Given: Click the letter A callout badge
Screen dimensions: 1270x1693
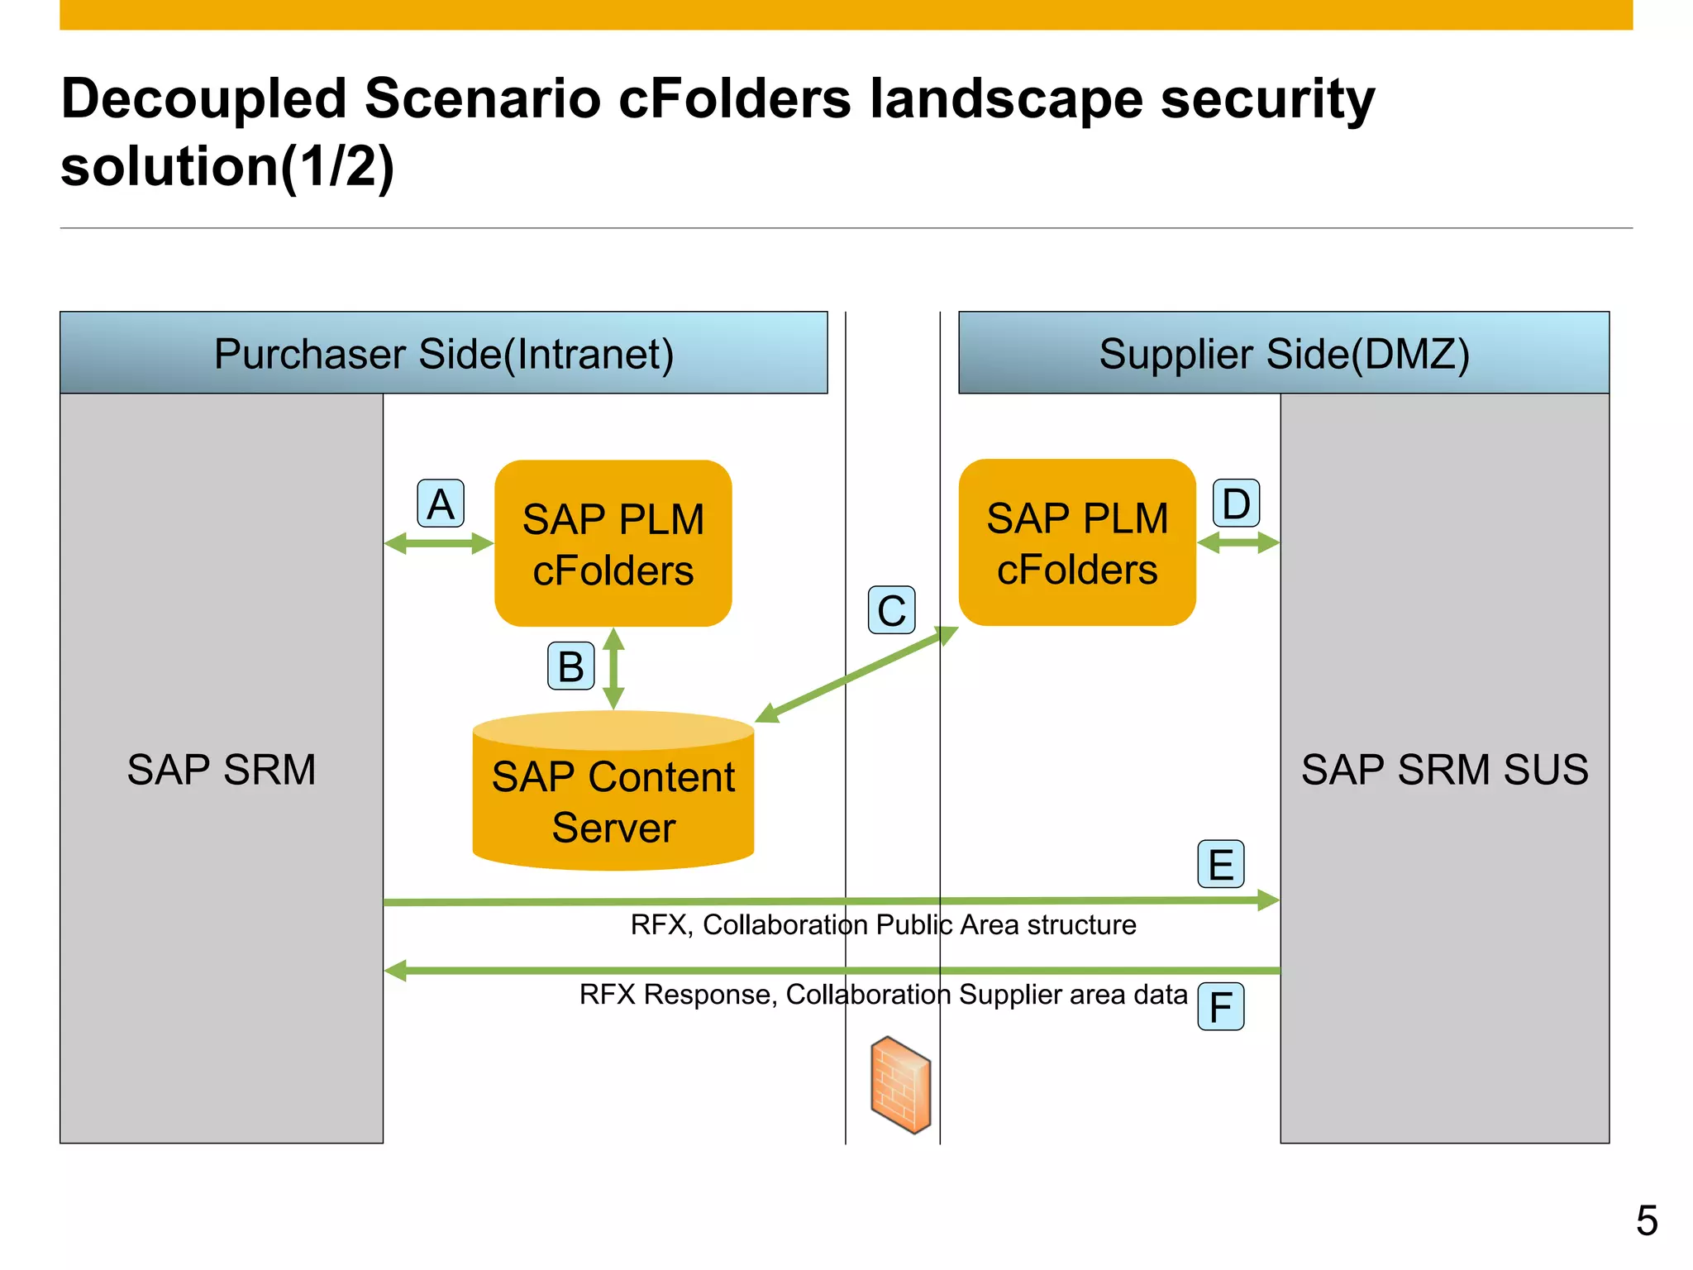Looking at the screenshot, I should click(x=440, y=504).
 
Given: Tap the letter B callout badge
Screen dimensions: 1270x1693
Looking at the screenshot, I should click(x=570, y=666).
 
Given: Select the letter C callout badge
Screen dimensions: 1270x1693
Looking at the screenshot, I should click(x=891, y=610).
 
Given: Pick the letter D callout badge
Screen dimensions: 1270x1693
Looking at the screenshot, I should click(x=1236, y=504).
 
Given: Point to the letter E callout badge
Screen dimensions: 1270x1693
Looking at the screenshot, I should click(x=1220, y=864).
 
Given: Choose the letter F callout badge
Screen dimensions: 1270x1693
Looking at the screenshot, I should click(x=1220, y=1006).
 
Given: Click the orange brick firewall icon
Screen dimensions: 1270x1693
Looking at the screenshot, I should click(x=900, y=1085).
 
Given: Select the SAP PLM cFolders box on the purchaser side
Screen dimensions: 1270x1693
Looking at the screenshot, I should click(x=613, y=543).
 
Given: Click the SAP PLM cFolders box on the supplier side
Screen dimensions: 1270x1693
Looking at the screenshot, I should click(x=1076, y=542).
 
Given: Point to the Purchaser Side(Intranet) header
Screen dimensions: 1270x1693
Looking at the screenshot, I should click(x=444, y=353).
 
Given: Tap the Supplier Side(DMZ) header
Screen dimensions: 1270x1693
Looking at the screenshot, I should click(x=1283, y=353).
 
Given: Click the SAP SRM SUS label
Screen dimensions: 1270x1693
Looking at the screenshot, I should click(x=1443, y=769).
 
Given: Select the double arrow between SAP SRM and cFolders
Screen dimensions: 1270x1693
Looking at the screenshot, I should click(x=439, y=543).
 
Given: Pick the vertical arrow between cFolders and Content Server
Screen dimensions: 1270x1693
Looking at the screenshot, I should click(x=613, y=668).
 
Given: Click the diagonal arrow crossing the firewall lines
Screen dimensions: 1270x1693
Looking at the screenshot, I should click(x=856, y=675).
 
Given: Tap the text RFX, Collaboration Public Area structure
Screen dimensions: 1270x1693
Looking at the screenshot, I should click(x=883, y=924).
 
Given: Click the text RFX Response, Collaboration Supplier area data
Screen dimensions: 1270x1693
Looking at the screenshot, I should click(x=883, y=994).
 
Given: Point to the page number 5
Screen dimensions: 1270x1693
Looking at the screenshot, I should click(x=1646, y=1220).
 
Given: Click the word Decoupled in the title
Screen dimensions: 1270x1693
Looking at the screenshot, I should click(x=203, y=98).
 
